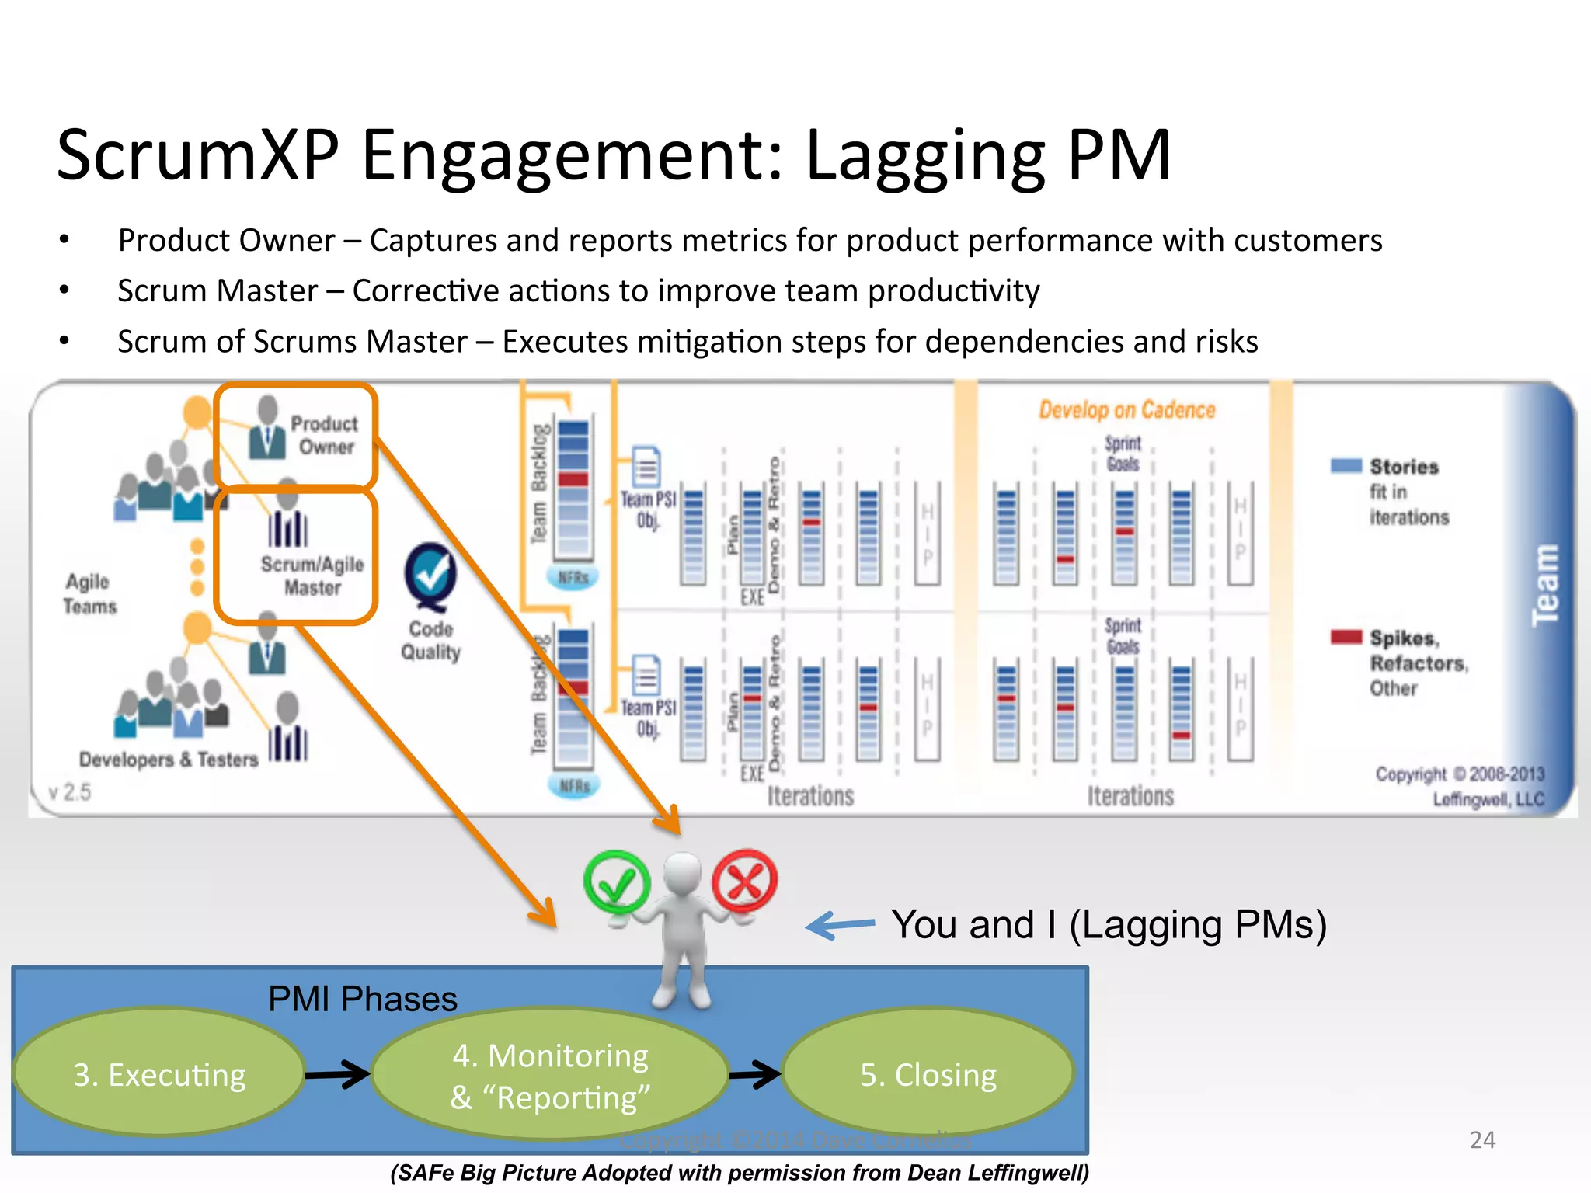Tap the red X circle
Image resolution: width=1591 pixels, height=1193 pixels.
[x=745, y=882]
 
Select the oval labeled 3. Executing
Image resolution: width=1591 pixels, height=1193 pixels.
[x=159, y=1075]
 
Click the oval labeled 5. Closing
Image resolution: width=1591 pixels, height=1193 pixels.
[x=928, y=1075]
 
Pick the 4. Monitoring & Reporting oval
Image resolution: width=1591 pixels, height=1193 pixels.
[x=550, y=1076]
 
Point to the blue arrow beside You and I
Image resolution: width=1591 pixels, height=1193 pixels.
[x=841, y=925]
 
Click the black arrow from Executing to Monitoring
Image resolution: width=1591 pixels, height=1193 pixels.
[x=338, y=1075]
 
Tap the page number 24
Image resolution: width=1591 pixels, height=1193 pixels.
[x=1482, y=1139]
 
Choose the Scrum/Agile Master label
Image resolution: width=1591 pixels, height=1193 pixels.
[x=312, y=576]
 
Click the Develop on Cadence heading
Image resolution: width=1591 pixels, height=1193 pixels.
[x=1126, y=410]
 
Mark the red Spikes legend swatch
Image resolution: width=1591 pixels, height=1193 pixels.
[x=1346, y=637]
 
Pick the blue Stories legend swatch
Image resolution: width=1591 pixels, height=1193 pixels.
[x=1346, y=466]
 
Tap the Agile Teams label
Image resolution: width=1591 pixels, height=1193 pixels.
[x=89, y=594]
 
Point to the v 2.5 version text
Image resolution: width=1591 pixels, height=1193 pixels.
[x=70, y=792]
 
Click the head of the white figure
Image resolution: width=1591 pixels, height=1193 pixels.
[x=683, y=873]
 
